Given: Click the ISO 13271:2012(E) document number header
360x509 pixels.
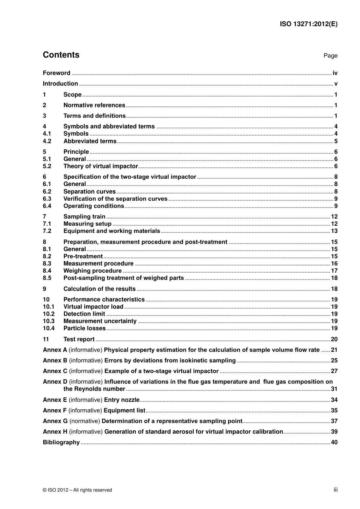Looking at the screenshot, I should click(x=308, y=24).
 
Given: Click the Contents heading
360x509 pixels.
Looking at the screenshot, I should click(x=61, y=55).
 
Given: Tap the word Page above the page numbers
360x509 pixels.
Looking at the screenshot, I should click(x=330, y=56).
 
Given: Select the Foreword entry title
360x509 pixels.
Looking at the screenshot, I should click(x=56, y=73).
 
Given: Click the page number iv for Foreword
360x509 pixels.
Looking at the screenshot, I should click(x=335, y=73).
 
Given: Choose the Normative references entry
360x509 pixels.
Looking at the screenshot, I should click(x=94, y=105).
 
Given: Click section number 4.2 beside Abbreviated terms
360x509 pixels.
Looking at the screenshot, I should click(x=47, y=141).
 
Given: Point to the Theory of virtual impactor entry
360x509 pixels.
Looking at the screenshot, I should click(x=100, y=166).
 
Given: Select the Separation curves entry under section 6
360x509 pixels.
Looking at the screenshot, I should click(x=89, y=192).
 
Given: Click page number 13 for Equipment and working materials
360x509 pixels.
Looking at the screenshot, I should click(x=334, y=231).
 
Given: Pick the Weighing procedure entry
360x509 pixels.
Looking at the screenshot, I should click(x=92, y=271).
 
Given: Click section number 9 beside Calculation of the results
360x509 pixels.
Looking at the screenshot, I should click(x=45, y=289).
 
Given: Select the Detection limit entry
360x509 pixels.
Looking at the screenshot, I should click(x=84, y=314).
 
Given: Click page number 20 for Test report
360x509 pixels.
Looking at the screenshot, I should click(x=334, y=339).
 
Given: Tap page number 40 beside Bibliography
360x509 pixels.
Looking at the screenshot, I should click(x=334, y=442).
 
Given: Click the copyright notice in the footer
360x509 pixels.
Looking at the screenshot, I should click(x=77, y=490).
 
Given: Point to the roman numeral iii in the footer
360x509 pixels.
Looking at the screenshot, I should click(x=335, y=490).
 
